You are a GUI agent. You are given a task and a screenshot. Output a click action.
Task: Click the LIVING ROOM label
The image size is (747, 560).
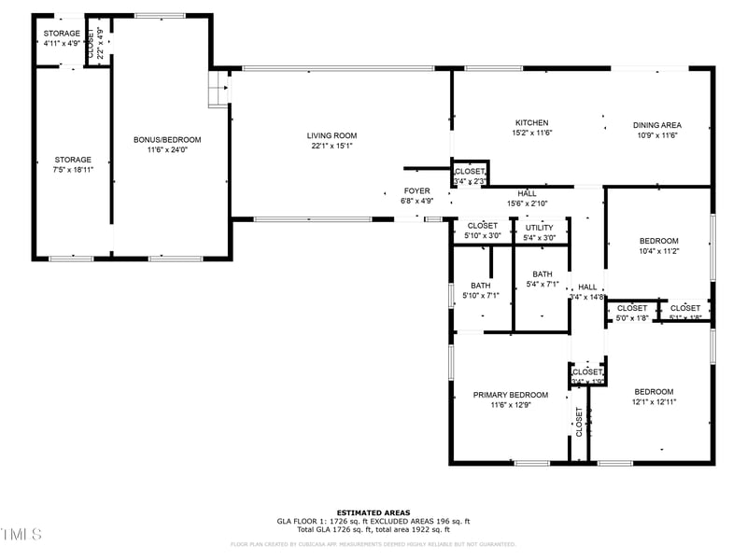332,135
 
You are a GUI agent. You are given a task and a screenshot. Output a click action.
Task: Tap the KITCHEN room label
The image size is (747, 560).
531,123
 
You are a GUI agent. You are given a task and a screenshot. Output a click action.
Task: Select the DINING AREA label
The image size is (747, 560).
656,125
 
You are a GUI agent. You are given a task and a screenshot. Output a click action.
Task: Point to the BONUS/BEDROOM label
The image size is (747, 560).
167,139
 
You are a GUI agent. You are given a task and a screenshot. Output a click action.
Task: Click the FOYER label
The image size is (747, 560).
416,190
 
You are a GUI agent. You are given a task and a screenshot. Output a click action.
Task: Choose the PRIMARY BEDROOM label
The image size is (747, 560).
510,395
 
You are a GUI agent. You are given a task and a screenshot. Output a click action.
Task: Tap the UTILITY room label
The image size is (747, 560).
539,227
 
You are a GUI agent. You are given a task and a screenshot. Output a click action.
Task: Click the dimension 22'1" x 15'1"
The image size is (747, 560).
332,146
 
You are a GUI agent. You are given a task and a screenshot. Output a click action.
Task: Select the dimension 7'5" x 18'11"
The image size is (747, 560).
73,170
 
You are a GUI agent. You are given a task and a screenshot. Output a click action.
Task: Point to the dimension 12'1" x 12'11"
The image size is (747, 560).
654,402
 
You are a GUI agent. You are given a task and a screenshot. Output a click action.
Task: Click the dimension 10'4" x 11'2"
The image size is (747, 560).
658,251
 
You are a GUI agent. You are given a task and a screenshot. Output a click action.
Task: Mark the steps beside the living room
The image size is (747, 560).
218,91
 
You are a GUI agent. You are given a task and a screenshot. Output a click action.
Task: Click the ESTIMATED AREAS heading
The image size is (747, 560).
373,512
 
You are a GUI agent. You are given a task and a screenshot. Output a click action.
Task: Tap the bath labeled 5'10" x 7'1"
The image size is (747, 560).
480,290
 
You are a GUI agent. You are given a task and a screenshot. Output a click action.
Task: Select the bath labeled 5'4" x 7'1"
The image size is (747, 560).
542,279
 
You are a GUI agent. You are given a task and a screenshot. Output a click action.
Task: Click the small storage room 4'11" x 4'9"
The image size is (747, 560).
62,38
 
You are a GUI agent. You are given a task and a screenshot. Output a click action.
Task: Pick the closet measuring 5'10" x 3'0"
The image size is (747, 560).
483,231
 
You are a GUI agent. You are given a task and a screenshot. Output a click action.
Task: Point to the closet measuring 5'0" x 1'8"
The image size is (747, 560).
631,313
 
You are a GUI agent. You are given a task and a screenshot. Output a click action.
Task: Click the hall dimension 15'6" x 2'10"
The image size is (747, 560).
528,203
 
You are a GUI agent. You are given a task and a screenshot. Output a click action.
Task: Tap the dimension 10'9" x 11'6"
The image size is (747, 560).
656,135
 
